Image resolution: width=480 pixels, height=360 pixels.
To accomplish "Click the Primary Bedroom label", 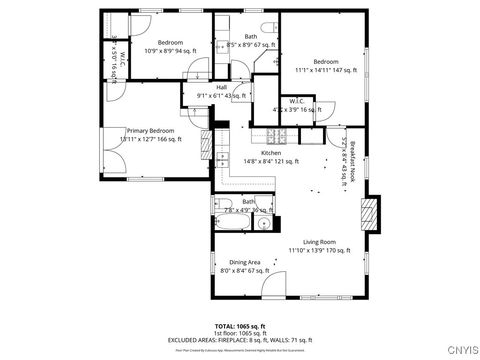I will point(149,130).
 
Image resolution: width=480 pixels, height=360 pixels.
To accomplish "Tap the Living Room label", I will point(318,242).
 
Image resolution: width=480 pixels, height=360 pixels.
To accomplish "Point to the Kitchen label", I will point(270,153).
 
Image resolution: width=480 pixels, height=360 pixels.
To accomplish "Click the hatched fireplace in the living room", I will point(370,212).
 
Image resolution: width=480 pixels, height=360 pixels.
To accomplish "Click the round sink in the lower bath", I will point(262,224).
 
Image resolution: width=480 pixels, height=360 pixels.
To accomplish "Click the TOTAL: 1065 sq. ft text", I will point(239,327).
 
